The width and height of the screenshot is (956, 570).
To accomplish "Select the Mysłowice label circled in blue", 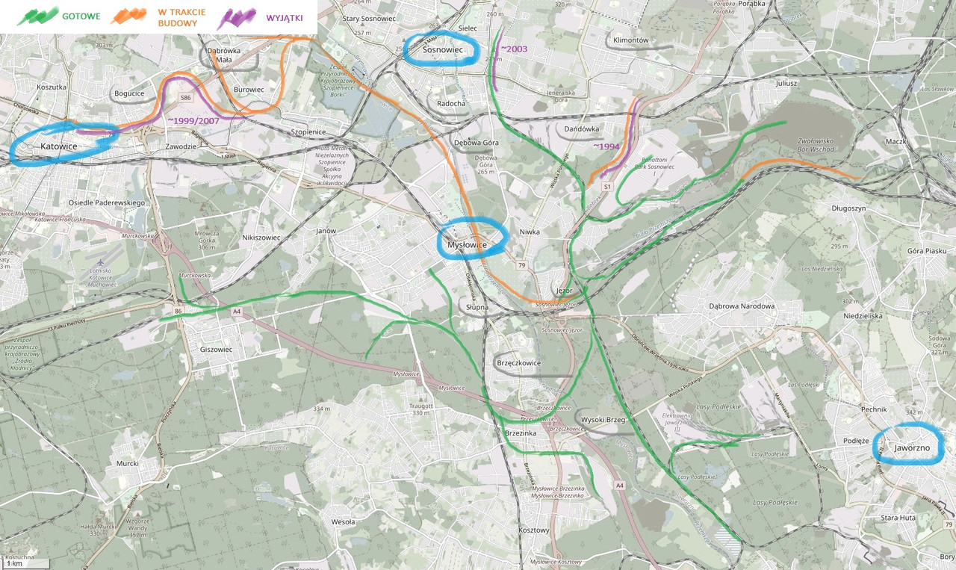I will click(x=468, y=244).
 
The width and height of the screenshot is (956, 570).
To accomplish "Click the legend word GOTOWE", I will click(x=82, y=16).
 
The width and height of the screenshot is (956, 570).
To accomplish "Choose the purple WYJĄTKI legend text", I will click(x=285, y=17).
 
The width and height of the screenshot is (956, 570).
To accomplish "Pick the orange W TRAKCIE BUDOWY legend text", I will click(x=179, y=17).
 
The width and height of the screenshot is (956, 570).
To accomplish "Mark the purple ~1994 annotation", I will click(x=606, y=146).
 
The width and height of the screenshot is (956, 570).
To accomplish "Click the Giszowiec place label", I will click(x=217, y=349).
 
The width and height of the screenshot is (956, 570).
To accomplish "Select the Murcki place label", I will click(x=128, y=463).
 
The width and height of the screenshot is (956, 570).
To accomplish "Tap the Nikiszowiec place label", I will click(x=261, y=238).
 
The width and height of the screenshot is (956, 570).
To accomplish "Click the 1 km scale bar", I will click(x=26, y=564).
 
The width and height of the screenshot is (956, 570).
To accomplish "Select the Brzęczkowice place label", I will click(x=518, y=363).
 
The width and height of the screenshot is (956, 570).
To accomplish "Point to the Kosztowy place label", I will click(x=533, y=530).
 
